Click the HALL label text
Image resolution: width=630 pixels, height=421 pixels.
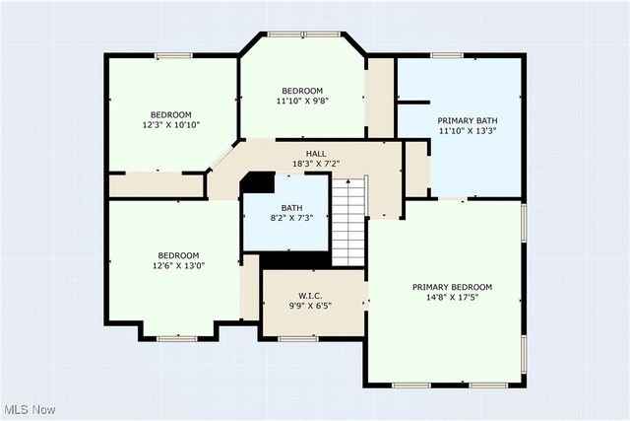click(x=316, y=154)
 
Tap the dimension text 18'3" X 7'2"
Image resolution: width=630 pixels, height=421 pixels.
click(x=316, y=164)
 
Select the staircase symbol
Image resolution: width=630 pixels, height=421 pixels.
click(x=348, y=221)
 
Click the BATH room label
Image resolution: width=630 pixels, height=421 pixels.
click(x=291, y=208)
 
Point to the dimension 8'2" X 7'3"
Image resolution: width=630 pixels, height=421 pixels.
click(x=291, y=218)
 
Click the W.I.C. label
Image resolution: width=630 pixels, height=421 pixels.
click(x=310, y=296)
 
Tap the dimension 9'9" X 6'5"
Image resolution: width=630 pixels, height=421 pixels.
click(x=310, y=306)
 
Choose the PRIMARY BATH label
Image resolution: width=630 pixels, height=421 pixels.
click(x=461, y=120)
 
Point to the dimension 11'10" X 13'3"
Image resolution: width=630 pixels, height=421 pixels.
click(x=461, y=130)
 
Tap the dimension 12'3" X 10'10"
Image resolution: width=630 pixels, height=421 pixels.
click(x=171, y=124)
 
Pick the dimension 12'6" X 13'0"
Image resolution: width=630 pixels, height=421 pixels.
click(x=178, y=265)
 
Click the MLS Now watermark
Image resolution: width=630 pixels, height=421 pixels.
click(x=29, y=409)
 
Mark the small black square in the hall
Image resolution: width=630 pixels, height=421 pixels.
click(x=259, y=183)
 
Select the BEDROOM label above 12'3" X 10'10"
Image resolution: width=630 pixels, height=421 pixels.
click(x=171, y=114)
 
